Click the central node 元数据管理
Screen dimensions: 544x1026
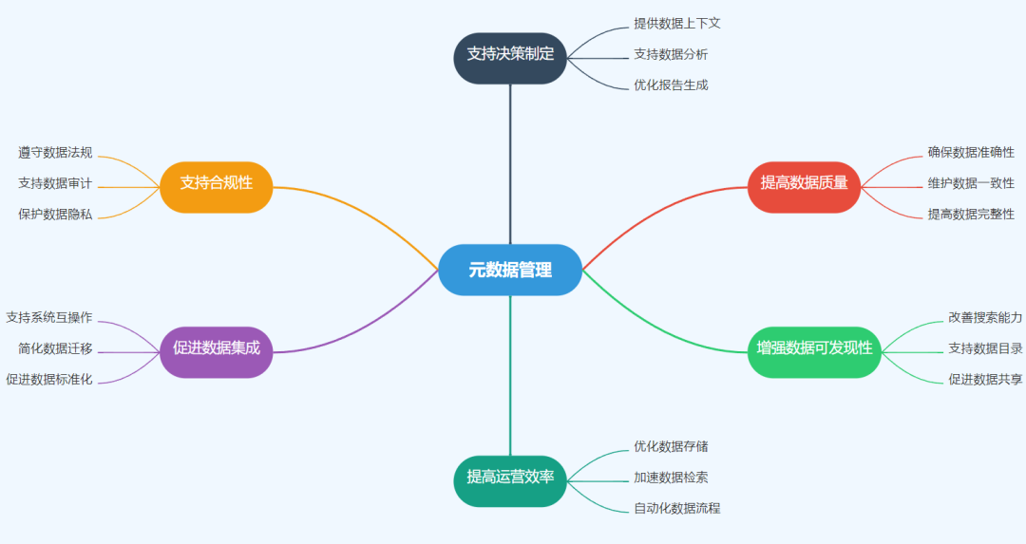[x=510, y=270]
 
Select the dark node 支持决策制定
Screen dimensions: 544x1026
[x=510, y=54]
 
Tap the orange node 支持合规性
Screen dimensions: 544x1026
[x=217, y=183]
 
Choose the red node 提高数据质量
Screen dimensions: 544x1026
[x=804, y=183]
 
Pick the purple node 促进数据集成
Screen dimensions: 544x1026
[x=217, y=348]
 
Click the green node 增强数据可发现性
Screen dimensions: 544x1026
[x=814, y=348]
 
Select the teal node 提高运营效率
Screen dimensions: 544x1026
[x=510, y=477]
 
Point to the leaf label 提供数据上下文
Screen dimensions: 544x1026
[x=670, y=23]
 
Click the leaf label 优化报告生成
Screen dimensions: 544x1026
[x=670, y=84]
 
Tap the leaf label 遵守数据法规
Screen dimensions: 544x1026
[x=55, y=152]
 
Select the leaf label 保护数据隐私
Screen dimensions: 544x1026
[x=55, y=214]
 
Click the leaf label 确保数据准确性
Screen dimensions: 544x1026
[x=971, y=152]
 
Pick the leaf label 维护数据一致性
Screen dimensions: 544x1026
[x=971, y=183]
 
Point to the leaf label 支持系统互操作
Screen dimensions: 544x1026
[x=48, y=317]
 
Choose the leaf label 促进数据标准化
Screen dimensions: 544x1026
[x=48, y=379]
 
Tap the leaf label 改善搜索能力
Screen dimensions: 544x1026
[x=985, y=317]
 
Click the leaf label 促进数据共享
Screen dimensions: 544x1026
[x=985, y=379]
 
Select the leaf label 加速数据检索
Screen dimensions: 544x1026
[x=670, y=477]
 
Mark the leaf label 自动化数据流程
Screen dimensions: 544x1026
[x=676, y=508]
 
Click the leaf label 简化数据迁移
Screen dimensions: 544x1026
[x=55, y=348]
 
